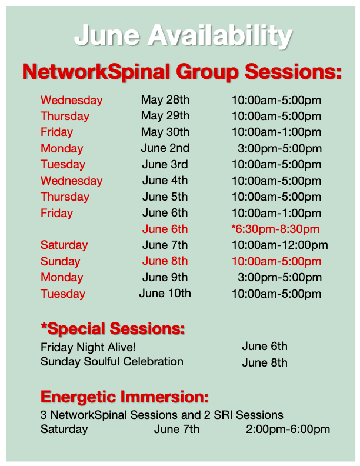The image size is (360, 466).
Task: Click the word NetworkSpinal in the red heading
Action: (x=96, y=72)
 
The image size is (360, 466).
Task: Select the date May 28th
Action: (x=165, y=100)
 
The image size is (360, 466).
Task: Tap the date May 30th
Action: (x=165, y=132)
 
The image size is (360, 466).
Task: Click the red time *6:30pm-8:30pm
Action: (x=275, y=229)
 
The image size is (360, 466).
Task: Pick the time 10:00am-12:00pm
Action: (x=280, y=245)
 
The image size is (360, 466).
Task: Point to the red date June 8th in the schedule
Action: (x=165, y=261)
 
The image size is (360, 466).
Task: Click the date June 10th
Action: (x=165, y=294)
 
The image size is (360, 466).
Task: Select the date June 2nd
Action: (x=165, y=148)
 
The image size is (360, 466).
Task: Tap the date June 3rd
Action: (x=165, y=164)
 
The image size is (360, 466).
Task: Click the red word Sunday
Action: (x=61, y=262)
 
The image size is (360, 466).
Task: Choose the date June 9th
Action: (x=165, y=278)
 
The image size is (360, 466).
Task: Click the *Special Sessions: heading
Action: (x=113, y=329)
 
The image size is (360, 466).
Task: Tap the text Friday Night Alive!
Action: (x=88, y=347)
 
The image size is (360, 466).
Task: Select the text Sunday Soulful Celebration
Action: (x=112, y=362)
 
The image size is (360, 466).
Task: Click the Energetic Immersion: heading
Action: (x=125, y=397)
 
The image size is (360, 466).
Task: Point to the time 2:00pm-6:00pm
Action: (x=288, y=430)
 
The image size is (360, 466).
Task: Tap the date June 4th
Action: (x=165, y=181)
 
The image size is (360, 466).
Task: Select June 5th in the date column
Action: (x=165, y=197)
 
